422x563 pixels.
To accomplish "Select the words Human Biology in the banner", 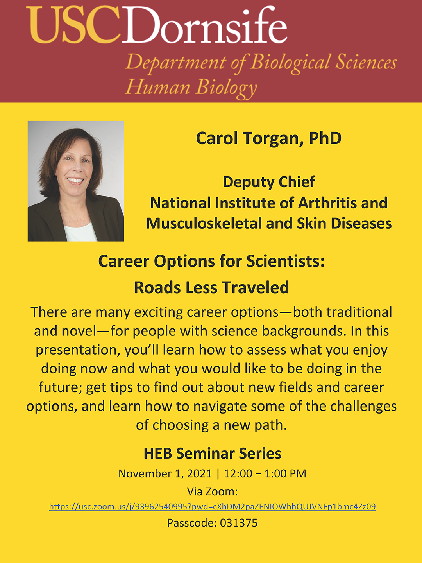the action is pyautogui.click(x=191, y=88).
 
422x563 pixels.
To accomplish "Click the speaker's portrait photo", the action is pyautogui.click(x=76, y=181).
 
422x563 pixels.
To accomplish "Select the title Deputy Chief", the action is pyautogui.click(x=269, y=182).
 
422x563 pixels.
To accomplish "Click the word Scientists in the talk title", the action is pyautogui.click(x=285, y=262).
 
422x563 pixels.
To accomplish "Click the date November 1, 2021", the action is pyautogui.click(x=165, y=473).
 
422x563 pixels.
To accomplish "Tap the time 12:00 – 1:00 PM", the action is pyautogui.click(x=265, y=473).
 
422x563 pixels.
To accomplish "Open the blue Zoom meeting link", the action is pyautogui.click(x=212, y=506).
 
